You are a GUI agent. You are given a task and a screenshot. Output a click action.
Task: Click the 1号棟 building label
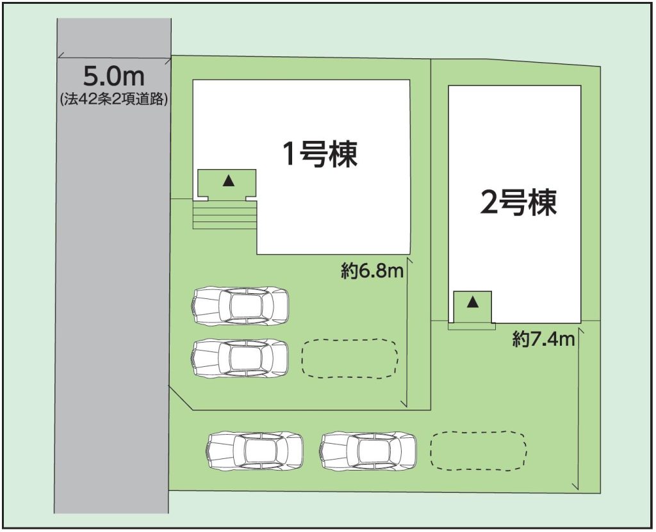click(x=320, y=154)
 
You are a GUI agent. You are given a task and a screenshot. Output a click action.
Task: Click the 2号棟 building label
click(x=518, y=202)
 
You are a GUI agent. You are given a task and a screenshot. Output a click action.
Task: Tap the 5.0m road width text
click(x=114, y=76)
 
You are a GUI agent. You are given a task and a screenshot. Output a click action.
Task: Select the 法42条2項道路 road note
click(x=114, y=99)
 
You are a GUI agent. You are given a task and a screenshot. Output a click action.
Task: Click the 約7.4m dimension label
click(x=543, y=339)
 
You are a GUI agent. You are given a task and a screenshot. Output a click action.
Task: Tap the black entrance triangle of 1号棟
click(x=229, y=181)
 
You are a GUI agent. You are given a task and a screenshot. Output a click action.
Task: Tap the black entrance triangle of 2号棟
click(x=473, y=302)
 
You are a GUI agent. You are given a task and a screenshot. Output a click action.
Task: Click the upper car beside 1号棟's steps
click(x=240, y=306)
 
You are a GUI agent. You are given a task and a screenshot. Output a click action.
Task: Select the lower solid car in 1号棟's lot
click(x=240, y=359)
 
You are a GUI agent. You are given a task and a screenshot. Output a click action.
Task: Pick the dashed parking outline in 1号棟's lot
click(x=350, y=359)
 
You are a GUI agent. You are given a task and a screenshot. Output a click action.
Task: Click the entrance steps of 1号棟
click(x=224, y=215)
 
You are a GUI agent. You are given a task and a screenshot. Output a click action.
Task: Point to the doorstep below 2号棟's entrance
click(x=471, y=326)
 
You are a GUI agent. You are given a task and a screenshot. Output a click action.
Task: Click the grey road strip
click(x=113, y=266)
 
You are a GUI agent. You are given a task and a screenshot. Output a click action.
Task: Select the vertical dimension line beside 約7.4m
click(x=578, y=410)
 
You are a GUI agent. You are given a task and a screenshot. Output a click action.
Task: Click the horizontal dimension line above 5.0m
click(x=114, y=59)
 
